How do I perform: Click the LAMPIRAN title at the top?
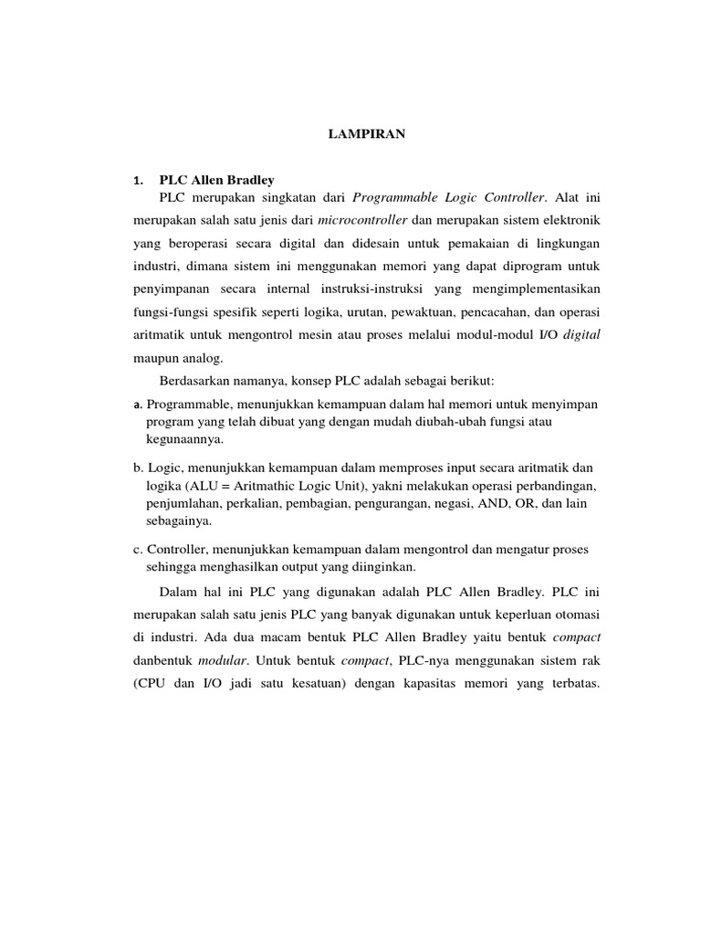367,134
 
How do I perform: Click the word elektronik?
568,221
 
